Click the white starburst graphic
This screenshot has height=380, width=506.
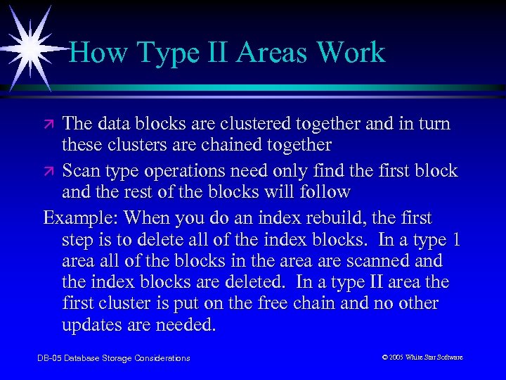click(x=28, y=42)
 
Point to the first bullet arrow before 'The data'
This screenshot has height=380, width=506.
click(x=50, y=125)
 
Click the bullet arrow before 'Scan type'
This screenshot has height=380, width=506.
click(x=50, y=172)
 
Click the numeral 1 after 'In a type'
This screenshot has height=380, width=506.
click(x=455, y=240)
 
